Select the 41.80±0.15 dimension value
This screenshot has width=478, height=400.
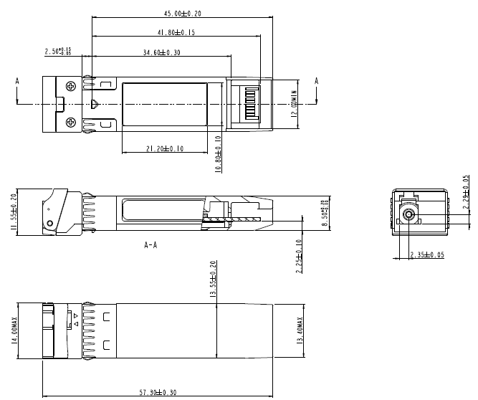[176, 32]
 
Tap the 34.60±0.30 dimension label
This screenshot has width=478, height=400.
[161, 52]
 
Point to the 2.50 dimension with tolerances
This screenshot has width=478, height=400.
[58, 52]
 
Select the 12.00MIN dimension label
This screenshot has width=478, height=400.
[294, 104]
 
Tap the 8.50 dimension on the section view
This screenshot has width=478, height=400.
[322, 213]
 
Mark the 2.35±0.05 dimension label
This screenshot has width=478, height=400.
[428, 254]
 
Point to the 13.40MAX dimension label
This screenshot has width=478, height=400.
[299, 330]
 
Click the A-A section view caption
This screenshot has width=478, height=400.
[151, 244]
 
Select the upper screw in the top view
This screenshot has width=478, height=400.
[70, 86]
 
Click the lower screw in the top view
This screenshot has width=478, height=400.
[70, 123]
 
